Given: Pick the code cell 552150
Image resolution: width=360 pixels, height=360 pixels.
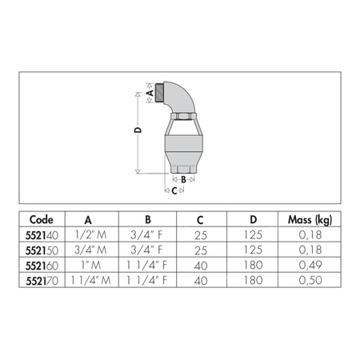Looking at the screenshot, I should click(x=41, y=250).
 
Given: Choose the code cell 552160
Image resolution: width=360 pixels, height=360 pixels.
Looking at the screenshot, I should click(x=41, y=265).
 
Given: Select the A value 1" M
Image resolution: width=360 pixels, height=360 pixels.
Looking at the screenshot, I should click(x=89, y=265).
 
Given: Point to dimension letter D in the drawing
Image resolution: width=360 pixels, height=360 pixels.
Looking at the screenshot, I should click(x=137, y=130).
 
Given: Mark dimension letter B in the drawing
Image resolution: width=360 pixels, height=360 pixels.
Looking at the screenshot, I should click(x=183, y=179).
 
